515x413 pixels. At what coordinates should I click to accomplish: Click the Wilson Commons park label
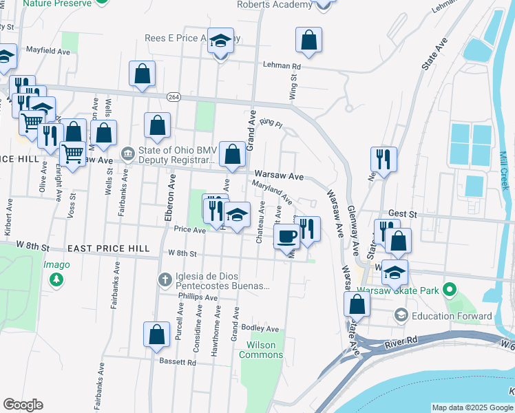pyautogui.click(x=261, y=350)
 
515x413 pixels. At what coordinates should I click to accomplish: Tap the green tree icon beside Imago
pyautogui.click(x=56, y=280)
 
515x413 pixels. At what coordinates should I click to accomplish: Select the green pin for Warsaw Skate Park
pyautogui.click(x=450, y=290)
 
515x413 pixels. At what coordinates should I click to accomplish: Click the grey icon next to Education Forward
pyautogui.click(x=401, y=315)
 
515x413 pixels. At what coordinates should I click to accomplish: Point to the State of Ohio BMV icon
pyautogui.click(x=127, y=153)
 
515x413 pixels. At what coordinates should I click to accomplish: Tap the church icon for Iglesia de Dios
pyautogui.click(x=165, y=279)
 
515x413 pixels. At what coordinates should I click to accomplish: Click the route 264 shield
pyautogui.click(x=174, y=98)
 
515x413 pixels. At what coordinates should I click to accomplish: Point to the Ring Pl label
pyautogui.click(x=271, y=125)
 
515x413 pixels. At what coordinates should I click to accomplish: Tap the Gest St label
pyautogui.click(x=398, y=214)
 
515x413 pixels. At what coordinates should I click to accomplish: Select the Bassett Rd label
pyautogui.click(x=168, y=361)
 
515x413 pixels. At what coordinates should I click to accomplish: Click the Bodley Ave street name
pyautogui.click(x=260, y=329)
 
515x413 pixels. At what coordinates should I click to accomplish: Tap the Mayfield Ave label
pyautogui.click(x=48, y=51)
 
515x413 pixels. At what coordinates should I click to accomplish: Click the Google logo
pyautogui.click(x=23, y=405)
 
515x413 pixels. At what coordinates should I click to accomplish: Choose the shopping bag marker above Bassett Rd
pyautogui.click(x=156, y=334)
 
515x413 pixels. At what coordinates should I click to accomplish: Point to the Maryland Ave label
pyautogui.click(x=273, y=192)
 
